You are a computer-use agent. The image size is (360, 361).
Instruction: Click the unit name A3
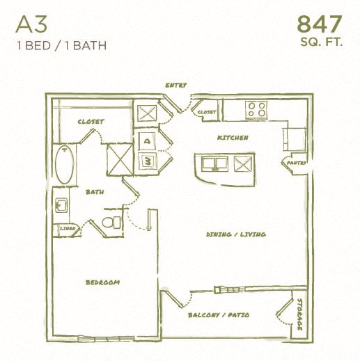point(33,25)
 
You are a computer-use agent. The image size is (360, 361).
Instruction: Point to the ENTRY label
point(176,86)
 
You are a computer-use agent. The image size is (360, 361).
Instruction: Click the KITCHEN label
point(233,138)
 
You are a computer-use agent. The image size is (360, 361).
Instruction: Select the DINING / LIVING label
point(235,234)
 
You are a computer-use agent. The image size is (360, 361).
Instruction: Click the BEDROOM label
point(103,282)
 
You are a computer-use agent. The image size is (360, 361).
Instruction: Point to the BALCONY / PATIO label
point(219,315)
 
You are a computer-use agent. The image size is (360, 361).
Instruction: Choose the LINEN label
point(68,227)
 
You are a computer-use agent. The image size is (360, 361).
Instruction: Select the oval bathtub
point(64,165)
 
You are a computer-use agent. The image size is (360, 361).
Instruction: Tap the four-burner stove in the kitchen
point(256,109)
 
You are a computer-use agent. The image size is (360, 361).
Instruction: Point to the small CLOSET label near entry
point(207,112)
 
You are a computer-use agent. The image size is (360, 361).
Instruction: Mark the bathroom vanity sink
point(61,205)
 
